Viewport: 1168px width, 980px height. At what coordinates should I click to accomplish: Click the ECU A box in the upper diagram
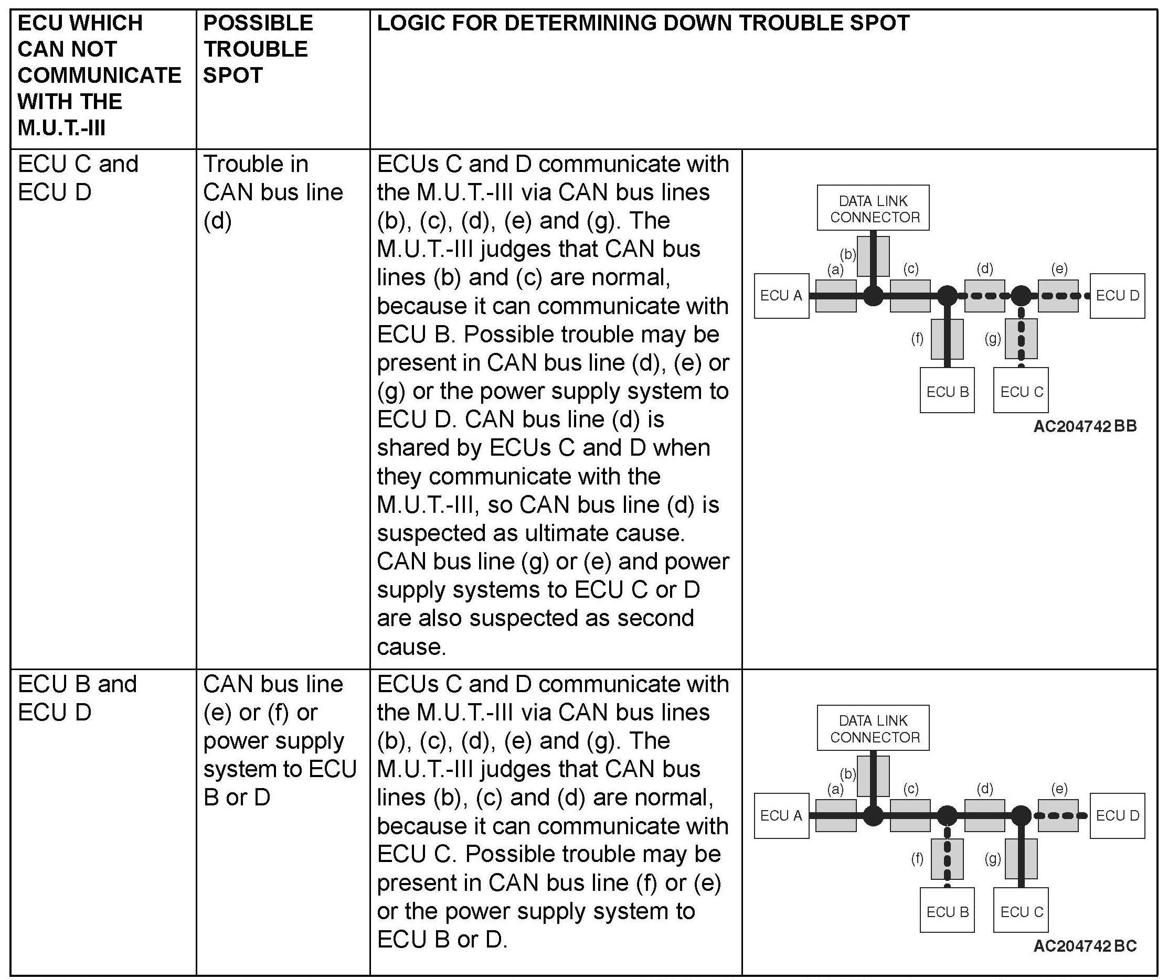click(781, 296)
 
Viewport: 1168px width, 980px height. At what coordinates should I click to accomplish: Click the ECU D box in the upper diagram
click(1117, 296)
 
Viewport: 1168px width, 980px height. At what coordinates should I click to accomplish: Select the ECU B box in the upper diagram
click(947, 392)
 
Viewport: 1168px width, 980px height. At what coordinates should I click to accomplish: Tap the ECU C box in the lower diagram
click(1021, 912)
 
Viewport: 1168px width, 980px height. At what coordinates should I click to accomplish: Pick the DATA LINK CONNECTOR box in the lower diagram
click(873, 728)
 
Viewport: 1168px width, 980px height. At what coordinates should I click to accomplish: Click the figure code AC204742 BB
click(1085, 426)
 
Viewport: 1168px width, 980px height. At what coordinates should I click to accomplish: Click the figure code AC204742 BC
click(1085, 945)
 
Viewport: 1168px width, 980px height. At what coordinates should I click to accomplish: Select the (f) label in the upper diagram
click(917, 338)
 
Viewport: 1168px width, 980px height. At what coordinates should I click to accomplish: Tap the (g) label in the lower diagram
click(993, 859)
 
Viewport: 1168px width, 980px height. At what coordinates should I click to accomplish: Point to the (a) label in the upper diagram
click(835, 270)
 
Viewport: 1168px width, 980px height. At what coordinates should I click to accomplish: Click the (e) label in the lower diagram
click(1059, 789)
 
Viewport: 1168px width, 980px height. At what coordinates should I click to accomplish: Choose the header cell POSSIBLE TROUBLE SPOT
click(258, 49)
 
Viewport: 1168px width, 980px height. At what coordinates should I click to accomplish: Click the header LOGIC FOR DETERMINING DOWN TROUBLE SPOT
click(643, 24)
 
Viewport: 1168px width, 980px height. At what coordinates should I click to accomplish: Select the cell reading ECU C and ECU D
click(78, 178)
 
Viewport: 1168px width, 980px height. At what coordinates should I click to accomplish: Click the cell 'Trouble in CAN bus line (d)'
click(272, 192)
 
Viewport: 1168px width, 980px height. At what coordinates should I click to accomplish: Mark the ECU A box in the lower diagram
click(781, 815)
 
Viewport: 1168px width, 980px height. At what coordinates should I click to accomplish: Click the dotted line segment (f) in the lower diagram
click(947, 859)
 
